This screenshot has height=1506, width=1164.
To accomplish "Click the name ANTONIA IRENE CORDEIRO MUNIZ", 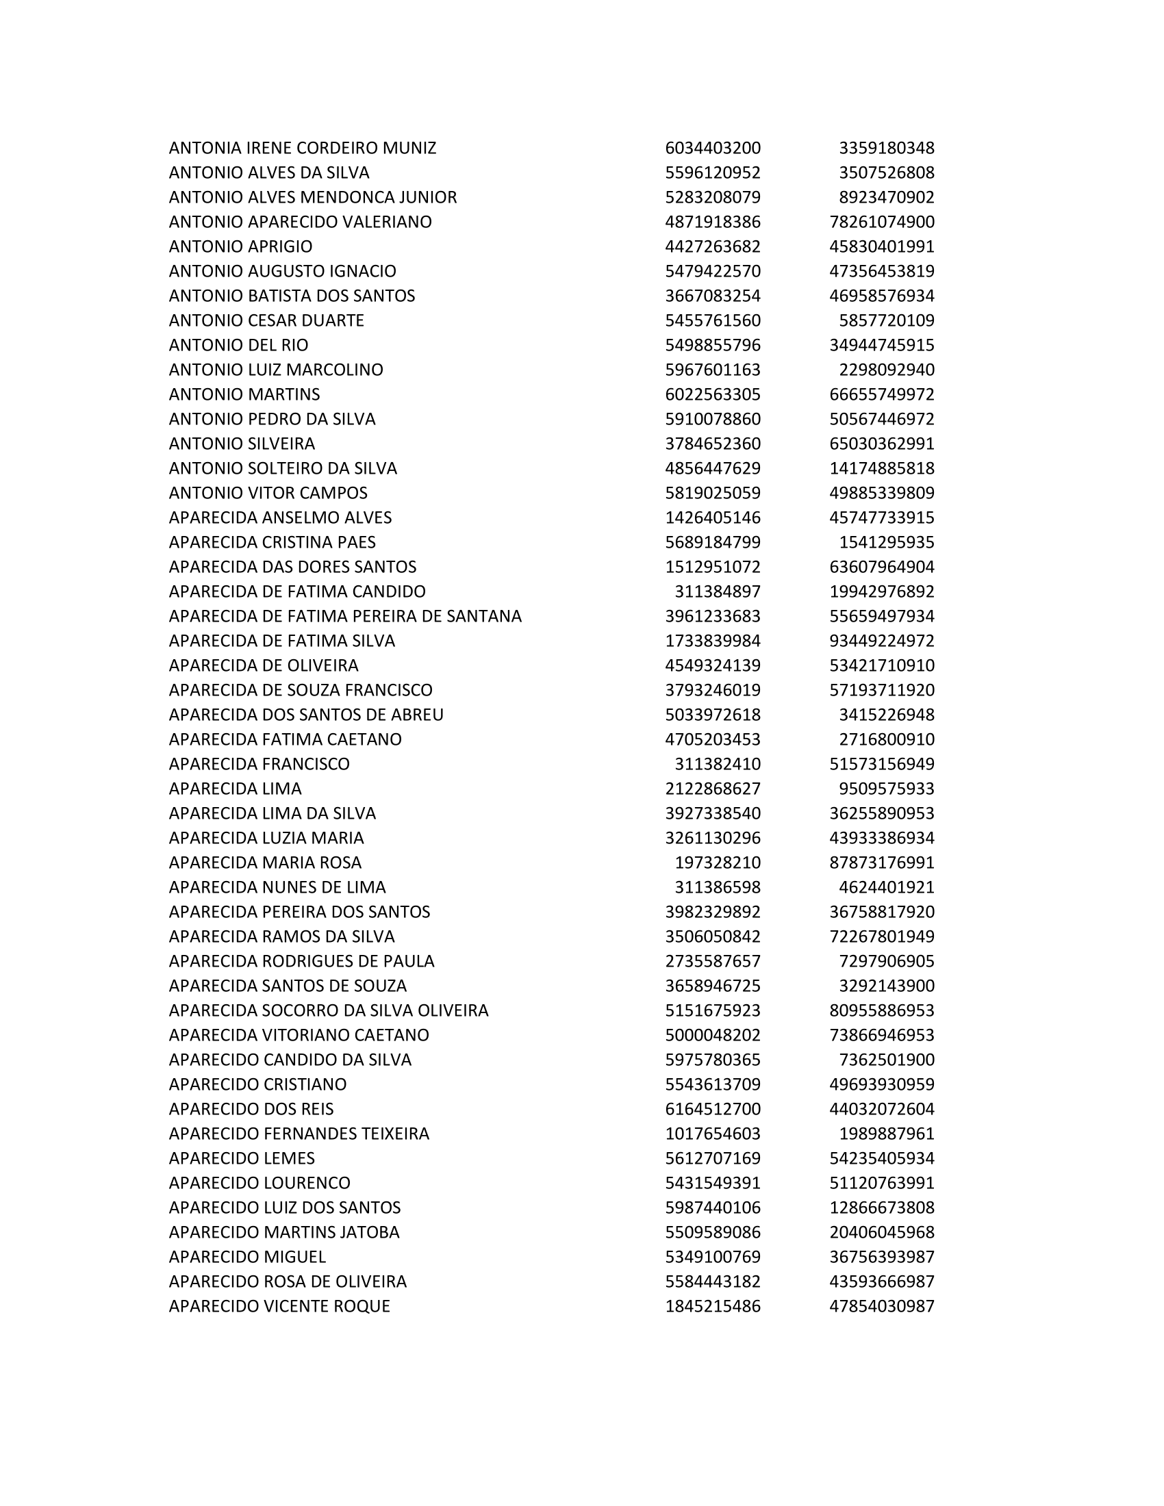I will click(302, 149).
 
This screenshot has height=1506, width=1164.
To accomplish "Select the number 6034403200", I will click(712, 149).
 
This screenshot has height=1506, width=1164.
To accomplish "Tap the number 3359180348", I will click(886, 149).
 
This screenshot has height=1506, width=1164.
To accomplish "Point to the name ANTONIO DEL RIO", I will click(238, 345).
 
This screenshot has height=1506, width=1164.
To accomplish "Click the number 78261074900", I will click(881, 222).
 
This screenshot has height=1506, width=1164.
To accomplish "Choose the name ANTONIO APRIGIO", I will click(240, 247).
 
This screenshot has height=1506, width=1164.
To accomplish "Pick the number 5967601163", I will click(712, 370).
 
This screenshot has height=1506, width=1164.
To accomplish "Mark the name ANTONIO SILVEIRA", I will click(242, 444).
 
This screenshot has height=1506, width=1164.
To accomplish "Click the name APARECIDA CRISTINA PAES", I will click(273, 542).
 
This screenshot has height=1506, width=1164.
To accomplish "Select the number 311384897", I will click(717, 591).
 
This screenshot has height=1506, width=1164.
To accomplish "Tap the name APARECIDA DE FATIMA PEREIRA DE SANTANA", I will click(346, 617).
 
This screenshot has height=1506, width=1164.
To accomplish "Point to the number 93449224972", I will click(881, 641).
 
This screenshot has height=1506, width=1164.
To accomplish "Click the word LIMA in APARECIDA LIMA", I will click(282, 789).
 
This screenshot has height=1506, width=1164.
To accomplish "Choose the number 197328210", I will click(717, 863).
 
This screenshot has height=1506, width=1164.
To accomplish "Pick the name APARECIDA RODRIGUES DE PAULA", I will click(301, 961).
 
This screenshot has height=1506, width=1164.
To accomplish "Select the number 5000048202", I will click(712, 1035).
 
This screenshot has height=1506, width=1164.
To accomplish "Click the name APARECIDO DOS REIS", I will click(251, 1109).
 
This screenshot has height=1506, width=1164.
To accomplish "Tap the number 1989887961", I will click(886, 1134).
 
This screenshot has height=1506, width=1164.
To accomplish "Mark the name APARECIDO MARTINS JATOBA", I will click(284, 1232).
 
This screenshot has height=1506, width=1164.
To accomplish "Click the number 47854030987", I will click(881, 1306).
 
